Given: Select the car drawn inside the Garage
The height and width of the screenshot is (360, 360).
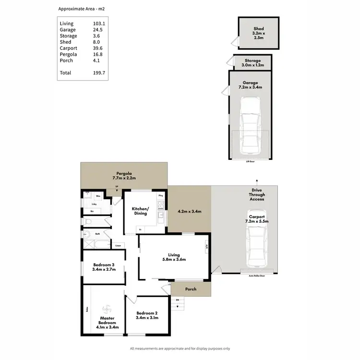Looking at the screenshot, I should [250, 125].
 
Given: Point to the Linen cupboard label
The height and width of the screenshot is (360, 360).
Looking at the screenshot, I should [118, 246].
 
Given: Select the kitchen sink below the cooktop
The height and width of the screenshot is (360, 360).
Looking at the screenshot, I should [161, 221].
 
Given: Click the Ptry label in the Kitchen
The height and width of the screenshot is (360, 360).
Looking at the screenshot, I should [161, 196].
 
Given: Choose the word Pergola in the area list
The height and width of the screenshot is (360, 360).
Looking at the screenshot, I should [67, 54].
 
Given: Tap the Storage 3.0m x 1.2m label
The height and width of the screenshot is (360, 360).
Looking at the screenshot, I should [251, 63].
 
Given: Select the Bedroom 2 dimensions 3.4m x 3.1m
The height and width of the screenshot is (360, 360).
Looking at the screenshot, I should [147, 318].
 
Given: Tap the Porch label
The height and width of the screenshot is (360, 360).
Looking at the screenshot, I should [191, 289].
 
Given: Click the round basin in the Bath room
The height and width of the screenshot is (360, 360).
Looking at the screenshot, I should [87, 235].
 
